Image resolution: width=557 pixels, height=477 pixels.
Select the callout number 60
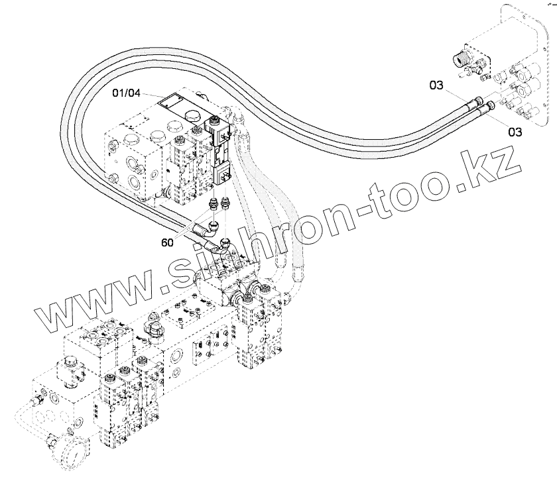tap(167, 242)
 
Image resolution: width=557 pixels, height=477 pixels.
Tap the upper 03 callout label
tap(436, 85)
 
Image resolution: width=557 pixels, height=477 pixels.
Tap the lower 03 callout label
tap(515, 132)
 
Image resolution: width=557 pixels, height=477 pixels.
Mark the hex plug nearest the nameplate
tap(193, 117)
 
